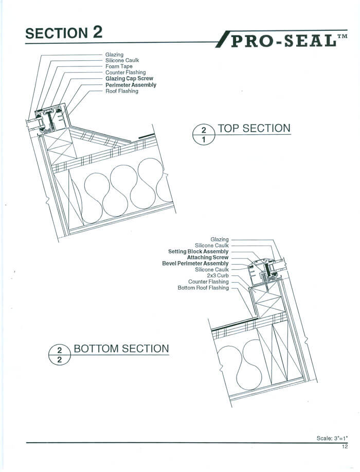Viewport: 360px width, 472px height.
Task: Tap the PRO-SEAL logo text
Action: click(286, 40)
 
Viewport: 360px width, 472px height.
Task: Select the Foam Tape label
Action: click(119, 66)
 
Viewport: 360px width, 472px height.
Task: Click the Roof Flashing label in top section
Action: click(122, 91)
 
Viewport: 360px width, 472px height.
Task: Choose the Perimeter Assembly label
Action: click(131, 85)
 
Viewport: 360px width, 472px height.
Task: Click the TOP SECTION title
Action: click(254, 128)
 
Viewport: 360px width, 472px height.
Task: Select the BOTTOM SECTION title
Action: click(121, 348)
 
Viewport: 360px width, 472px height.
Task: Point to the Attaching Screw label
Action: click(208, 257)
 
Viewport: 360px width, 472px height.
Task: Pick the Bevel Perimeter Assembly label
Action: click(195, 264)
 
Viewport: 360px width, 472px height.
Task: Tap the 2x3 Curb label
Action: click(218, 276)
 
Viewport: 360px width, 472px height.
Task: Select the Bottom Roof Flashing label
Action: click(203, 288)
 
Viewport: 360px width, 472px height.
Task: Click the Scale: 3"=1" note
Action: click(332, 438)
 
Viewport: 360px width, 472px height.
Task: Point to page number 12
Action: click(344, 447)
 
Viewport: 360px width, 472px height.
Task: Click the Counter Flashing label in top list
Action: click(125, 73)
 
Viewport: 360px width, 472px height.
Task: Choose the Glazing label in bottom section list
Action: click(220, 239)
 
